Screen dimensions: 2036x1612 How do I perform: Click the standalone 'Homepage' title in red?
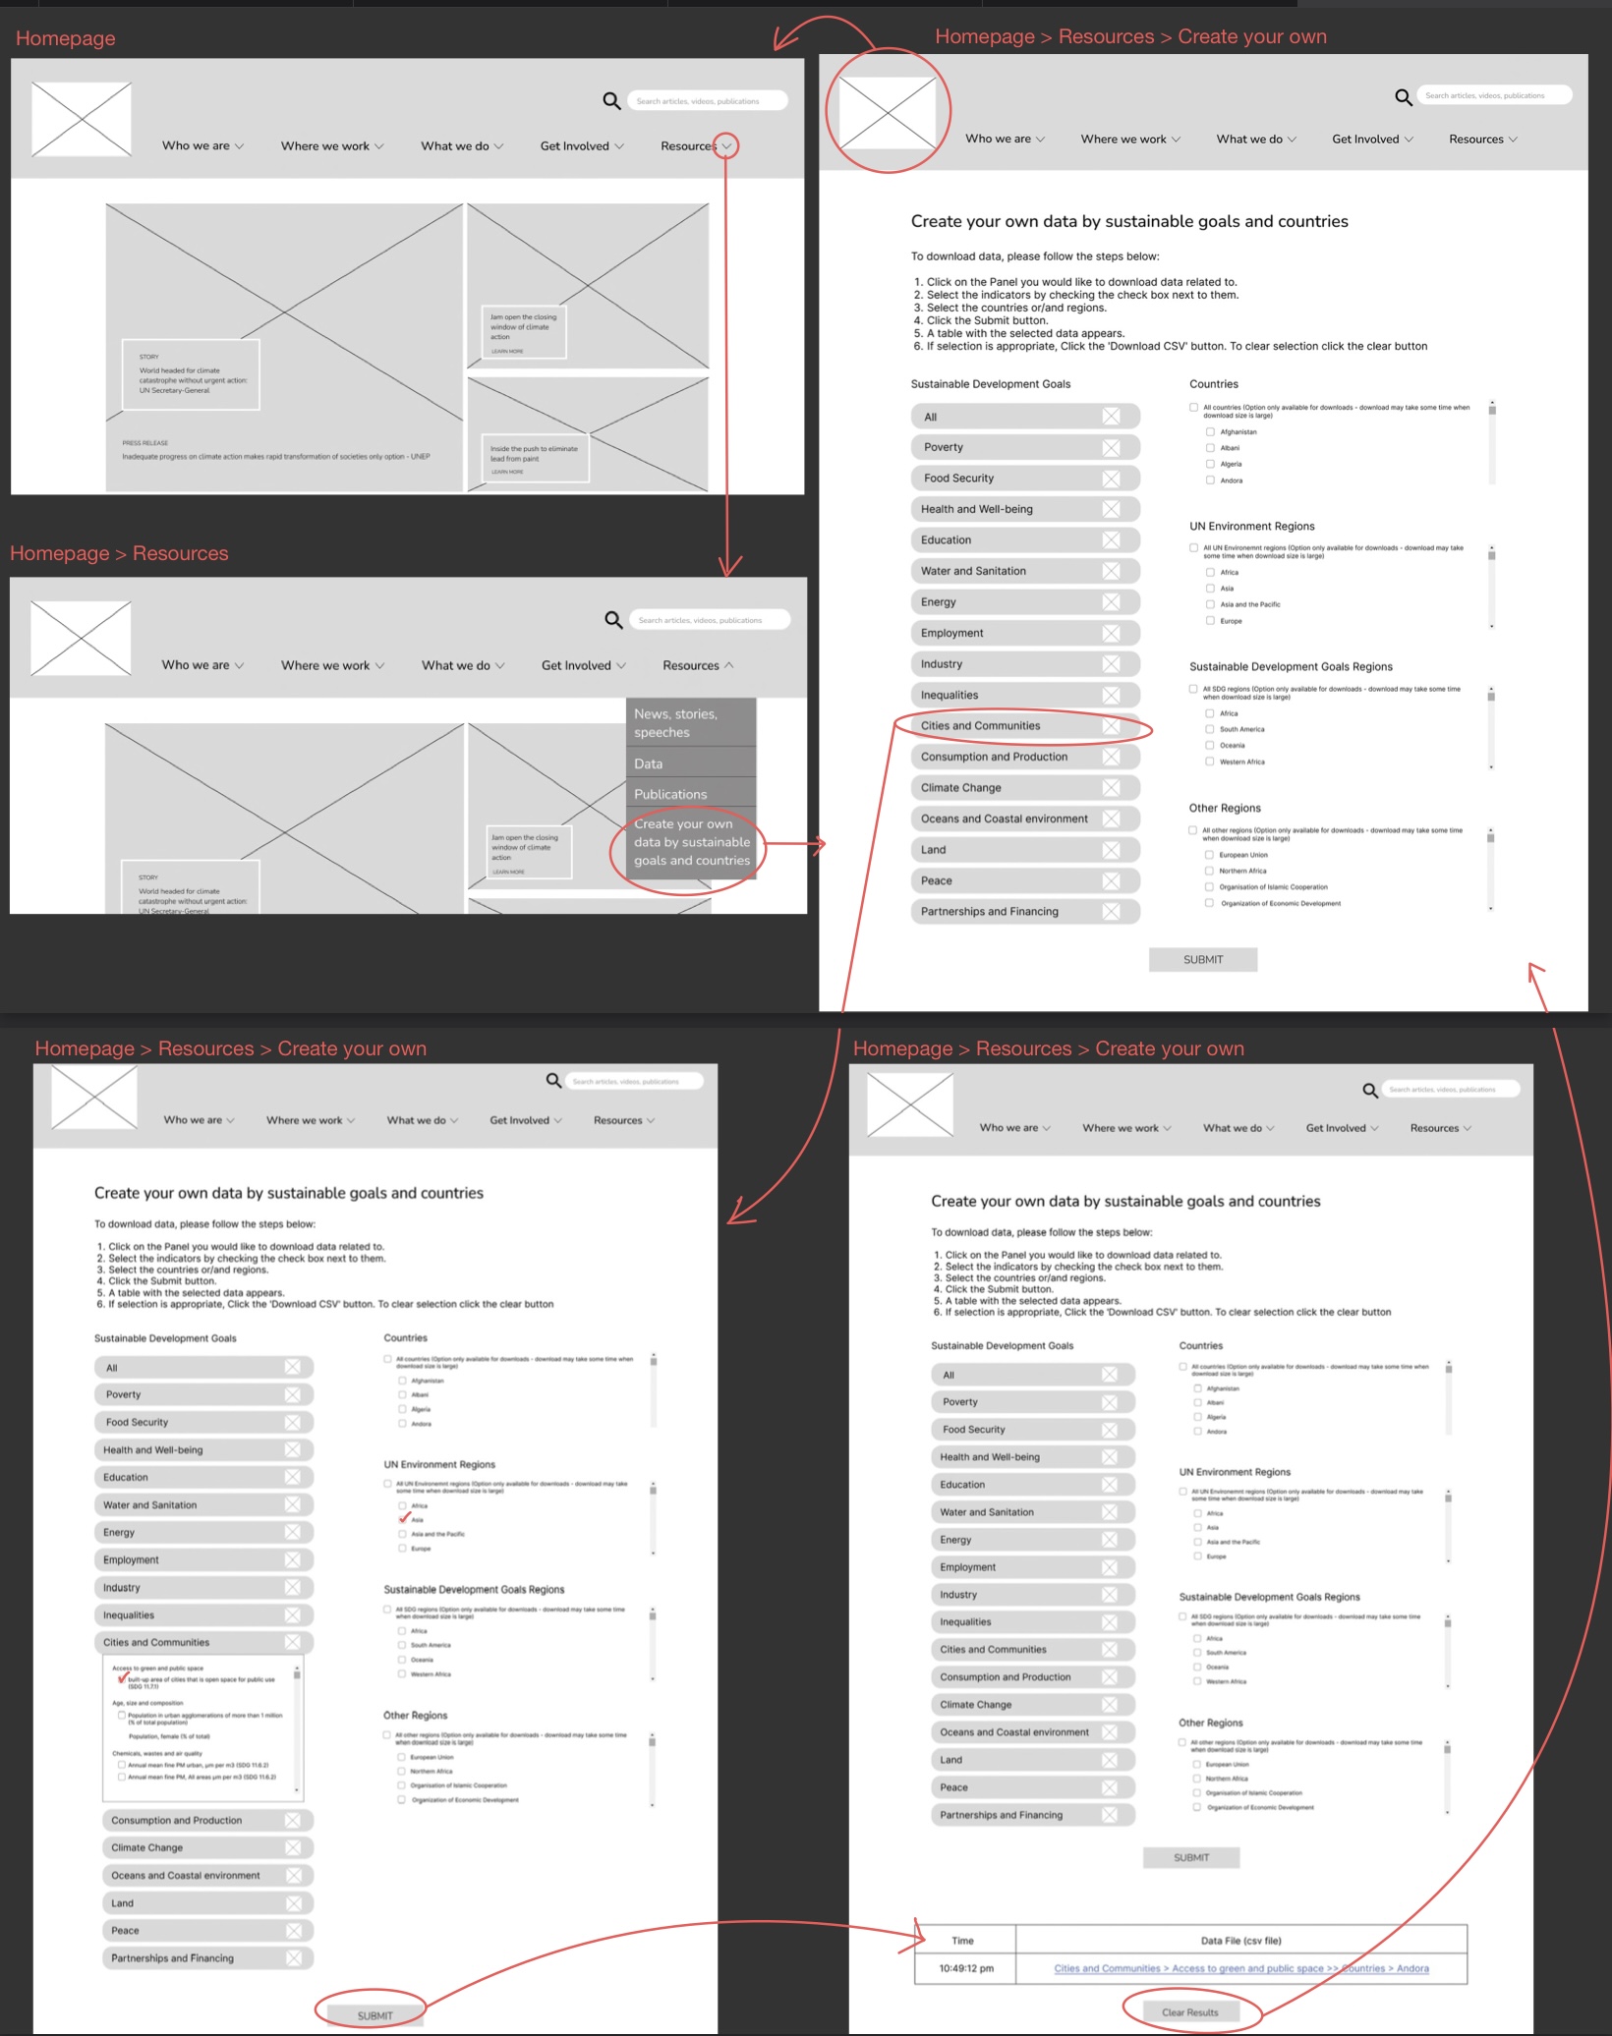pos(65,38)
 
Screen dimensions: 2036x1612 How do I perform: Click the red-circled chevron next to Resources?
pos(726,146)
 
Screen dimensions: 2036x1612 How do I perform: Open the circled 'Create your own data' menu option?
pos(691,842)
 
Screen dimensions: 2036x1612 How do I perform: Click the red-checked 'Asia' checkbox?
pos(403,1519)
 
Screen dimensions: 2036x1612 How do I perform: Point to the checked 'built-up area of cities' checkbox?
pos(122,1679)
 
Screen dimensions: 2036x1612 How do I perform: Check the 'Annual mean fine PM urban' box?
pos(122,1765)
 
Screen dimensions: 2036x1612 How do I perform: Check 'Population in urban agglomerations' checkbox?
pos(122,1715)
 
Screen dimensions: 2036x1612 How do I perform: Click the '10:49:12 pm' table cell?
pos(965,1968)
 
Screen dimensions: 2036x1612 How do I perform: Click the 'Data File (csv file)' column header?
pos(1240,1941)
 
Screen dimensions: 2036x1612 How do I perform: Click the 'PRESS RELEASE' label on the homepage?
pos(145,443)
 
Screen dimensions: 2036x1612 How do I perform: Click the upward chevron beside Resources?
pos(729,665)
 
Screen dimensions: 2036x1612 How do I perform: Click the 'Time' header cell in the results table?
pos(963,1941)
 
